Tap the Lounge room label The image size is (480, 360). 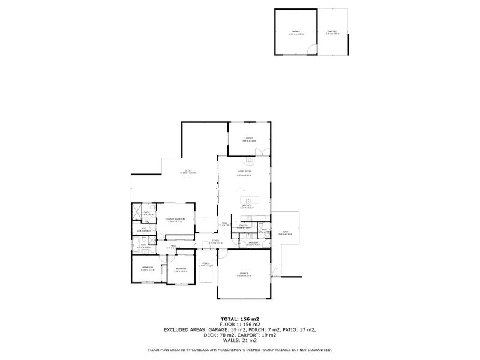(249, 139)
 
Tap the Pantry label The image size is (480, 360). (244, 227)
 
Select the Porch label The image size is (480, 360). (206, 263)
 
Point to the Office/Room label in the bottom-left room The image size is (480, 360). (147, 268)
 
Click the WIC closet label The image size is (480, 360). (143, 229)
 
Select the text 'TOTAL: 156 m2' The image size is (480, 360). (239, 319)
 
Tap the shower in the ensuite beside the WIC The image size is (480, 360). (137, 211)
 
